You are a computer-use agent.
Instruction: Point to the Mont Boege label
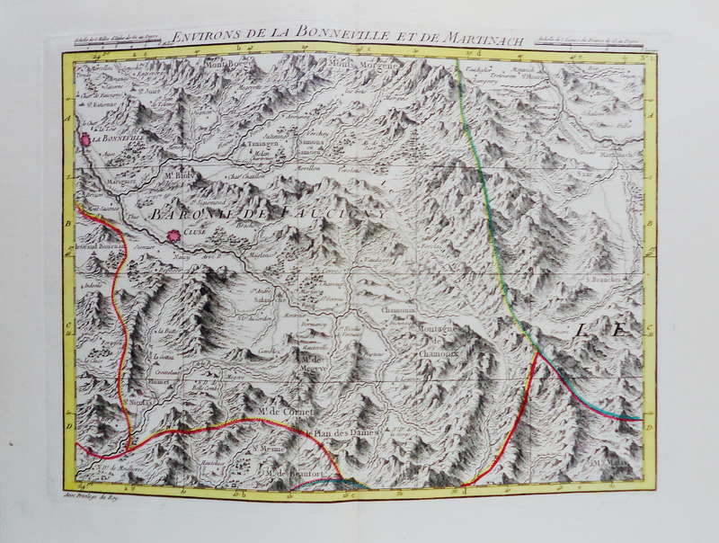coord(226,64)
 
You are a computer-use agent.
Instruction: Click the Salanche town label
coord(262,301)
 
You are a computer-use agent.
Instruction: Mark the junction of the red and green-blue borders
coord(537,352)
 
